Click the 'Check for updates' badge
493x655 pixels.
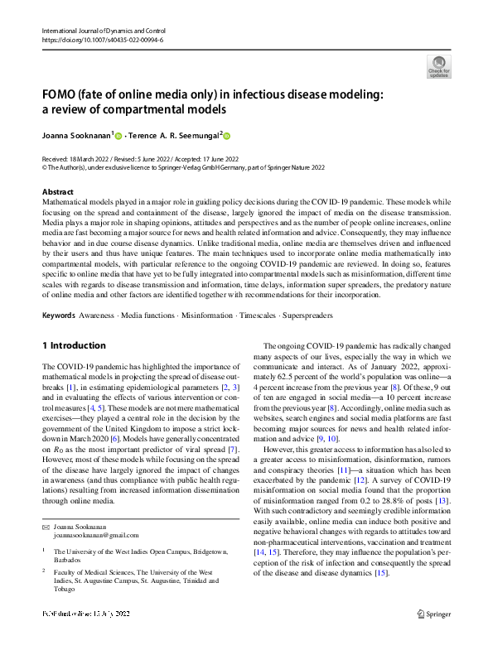pos(438,66)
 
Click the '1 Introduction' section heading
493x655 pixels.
pos(74,345)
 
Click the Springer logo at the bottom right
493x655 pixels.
pos(433,637)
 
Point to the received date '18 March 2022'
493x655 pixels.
pos(87,158)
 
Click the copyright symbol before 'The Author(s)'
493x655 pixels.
pos(45,167)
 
